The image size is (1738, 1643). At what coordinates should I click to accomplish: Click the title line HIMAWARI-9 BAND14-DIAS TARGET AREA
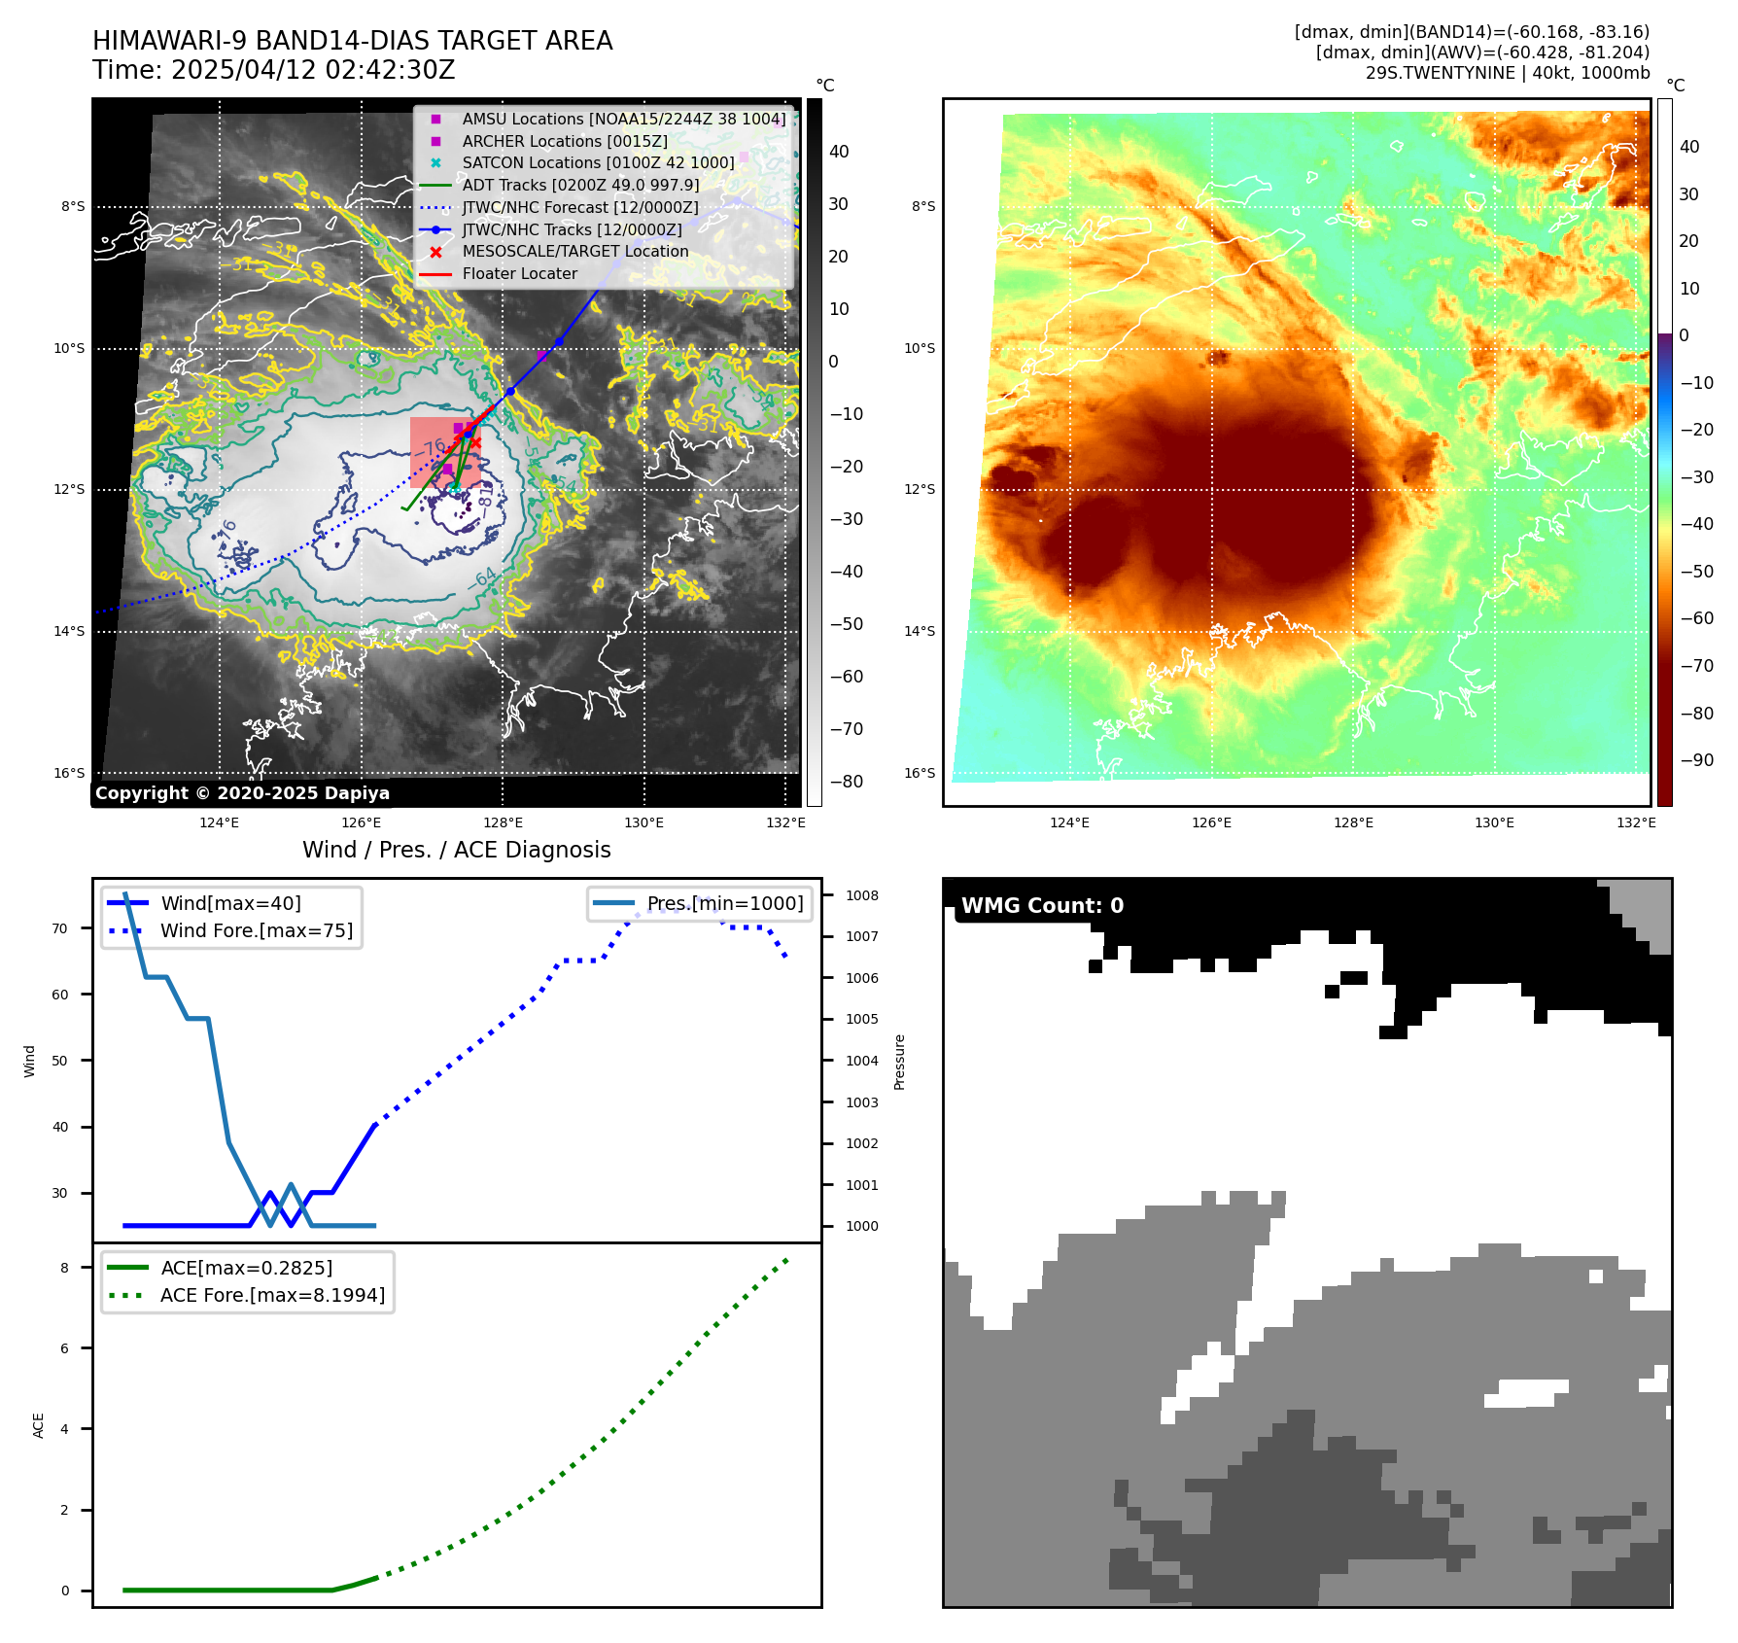coord(352,41)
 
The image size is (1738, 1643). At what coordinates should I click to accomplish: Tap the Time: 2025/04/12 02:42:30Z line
coord(273,70)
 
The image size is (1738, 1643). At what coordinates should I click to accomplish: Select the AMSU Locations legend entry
coord(623,119)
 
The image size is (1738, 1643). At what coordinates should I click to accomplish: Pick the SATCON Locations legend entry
coord(598,162)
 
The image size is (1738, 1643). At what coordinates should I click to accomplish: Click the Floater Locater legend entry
coord(519,273)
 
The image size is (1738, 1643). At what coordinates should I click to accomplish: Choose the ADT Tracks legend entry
coord(580,185)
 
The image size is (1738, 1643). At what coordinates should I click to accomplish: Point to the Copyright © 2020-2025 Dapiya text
coord(242,793)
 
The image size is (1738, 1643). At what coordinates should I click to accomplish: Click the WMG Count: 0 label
coord(1042,906)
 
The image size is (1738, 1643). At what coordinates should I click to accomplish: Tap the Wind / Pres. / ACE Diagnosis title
coord(456,850)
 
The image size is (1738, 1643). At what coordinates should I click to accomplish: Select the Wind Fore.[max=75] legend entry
coord(257,930)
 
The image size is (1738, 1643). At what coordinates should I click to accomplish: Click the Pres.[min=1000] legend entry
coord(725,903)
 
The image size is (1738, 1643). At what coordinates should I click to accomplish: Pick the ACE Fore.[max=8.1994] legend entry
coord(272,1295)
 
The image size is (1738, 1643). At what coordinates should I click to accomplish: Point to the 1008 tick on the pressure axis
coord(861,895)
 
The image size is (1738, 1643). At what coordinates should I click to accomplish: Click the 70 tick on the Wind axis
coord(60,928)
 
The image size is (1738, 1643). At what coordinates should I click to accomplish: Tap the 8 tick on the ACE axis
coord(65,1268)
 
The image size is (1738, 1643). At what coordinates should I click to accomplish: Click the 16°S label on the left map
coord(69,773)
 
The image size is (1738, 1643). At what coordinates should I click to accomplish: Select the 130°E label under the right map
coord(1494,822)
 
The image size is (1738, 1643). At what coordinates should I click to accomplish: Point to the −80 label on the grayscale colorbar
coord(846,781)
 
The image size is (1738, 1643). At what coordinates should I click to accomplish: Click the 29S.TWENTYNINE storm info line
coord(1507,73)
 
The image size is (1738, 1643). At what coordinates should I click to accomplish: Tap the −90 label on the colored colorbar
coord(1696,760)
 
